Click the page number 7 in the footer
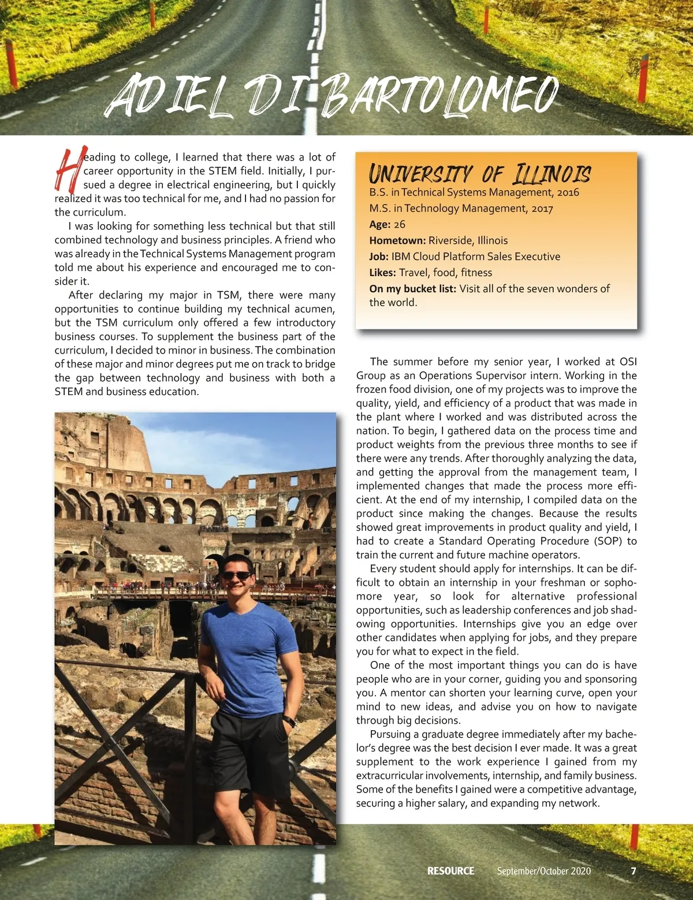click(634, 871)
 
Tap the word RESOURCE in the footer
click(450, 871)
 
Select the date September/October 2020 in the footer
click(543, 871)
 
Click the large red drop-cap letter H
click(69, 170)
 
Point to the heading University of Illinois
click(479, 173)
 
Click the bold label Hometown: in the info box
click(397, 240)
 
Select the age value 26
click(400, 224)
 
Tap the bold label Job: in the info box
click(379, 256)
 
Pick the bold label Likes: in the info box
click(382, 273)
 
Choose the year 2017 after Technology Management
click(542, 209)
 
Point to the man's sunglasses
click(236, 576)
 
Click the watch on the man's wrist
click(289, 722)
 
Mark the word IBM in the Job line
click(402, 256)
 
